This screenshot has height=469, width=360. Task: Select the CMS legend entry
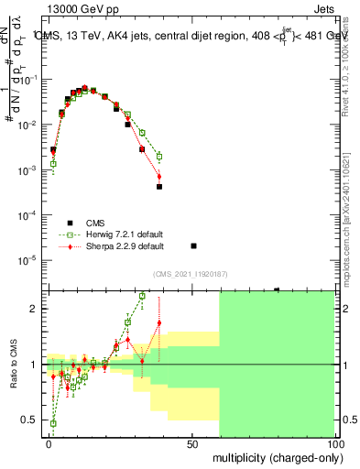95,223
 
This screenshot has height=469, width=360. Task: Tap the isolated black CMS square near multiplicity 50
193,245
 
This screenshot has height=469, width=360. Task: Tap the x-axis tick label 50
192,442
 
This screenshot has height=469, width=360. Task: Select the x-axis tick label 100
334,442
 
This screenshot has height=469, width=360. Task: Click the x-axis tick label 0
49,442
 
